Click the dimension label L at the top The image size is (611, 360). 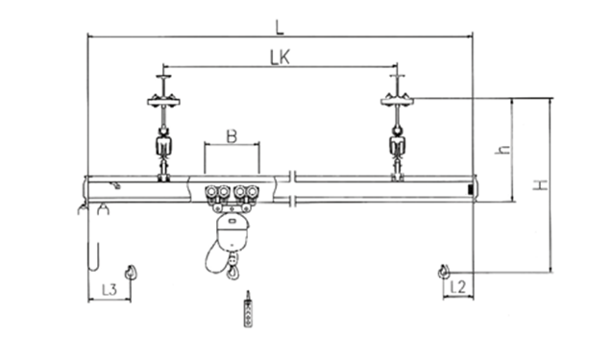(280, 28)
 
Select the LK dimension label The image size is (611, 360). (280, 58)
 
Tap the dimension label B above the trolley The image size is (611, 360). (232, 136)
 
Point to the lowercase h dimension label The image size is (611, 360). (503, 150)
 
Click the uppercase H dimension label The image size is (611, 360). (541, 185)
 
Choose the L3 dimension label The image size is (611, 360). (110, 290)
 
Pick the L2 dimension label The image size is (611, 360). (458, 287)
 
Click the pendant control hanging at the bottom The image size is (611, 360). (248, 309)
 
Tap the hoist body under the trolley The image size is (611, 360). (232, 232)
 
